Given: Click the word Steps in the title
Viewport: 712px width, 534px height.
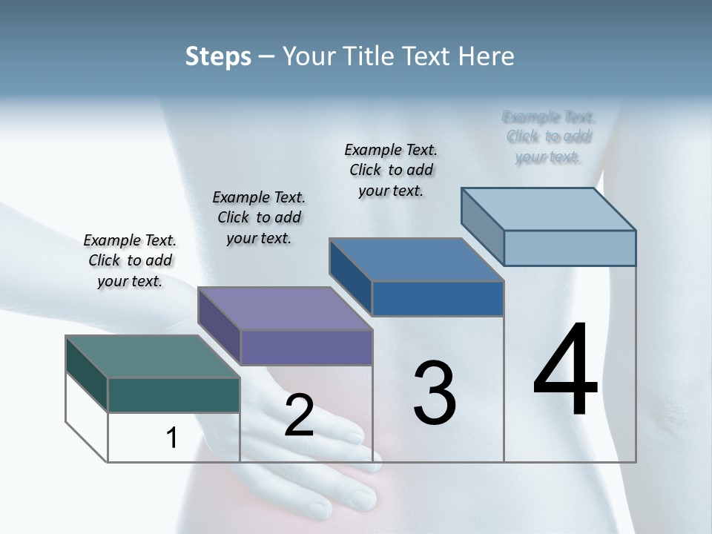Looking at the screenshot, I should [218, 56].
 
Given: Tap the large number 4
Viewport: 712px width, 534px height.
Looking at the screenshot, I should [565, 371].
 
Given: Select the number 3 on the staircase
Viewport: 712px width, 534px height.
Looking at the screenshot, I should [434, 393].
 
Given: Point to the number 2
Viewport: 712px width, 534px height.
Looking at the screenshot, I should [299, 415].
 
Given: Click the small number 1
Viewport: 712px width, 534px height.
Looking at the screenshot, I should [171, 438].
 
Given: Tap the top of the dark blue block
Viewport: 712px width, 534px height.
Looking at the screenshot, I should [416, 260].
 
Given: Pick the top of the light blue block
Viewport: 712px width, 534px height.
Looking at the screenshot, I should [548, 209].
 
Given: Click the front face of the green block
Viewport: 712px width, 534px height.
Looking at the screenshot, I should [174, 395].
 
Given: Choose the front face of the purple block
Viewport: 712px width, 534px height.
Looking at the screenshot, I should [306, 347].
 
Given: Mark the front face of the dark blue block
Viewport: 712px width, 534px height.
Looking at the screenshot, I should [438, 298].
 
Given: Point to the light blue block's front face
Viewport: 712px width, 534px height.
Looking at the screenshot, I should [570, 248].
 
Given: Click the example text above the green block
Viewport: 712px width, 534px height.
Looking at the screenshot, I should [130, 260].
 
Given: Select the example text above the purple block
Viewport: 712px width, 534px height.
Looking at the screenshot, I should [259, 217].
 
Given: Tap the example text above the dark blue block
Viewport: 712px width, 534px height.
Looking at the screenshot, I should [391, 170].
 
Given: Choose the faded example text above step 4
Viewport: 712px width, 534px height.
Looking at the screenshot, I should [548, 136].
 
